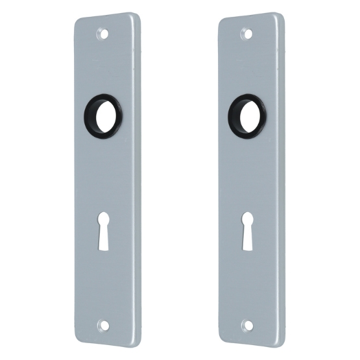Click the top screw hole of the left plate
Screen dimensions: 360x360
click(102, 31)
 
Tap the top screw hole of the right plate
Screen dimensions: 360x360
click(246, 31)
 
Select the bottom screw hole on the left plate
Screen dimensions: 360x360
click(102, 324)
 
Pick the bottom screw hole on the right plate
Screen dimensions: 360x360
click(246, 324)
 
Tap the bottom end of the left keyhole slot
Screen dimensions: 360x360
click(104, 248)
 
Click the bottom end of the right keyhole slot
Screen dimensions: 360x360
click(248, 248)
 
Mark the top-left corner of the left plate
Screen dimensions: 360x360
click(76, 19)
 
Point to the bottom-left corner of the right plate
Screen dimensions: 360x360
click(221, 338)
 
